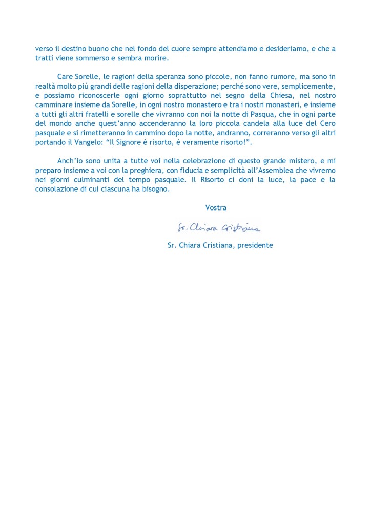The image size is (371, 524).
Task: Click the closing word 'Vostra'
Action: click(216, 208)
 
